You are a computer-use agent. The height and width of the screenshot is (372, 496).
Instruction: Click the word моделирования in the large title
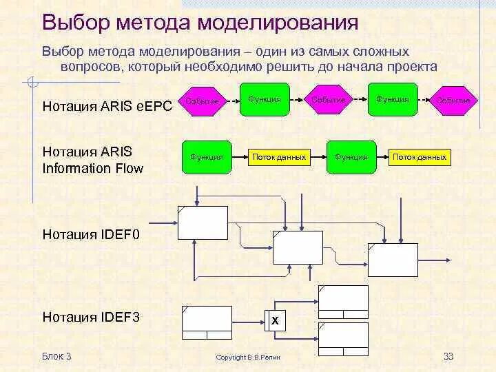[278, 22]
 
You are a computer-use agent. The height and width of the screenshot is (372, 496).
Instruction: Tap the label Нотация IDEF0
[91, 234]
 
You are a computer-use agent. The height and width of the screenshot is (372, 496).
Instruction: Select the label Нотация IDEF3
[91, 317]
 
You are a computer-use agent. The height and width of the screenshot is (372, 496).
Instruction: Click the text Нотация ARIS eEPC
[107, 105]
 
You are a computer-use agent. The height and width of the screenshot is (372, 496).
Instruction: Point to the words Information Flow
[93, 167]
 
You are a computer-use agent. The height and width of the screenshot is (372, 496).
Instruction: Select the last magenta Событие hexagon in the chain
[453, 101]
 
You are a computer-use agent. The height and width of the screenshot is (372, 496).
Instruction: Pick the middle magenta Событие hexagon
[328, 101]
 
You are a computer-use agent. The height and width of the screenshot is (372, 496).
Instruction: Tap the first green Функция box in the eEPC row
[265, 99]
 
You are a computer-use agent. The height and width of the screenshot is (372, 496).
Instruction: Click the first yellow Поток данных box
[279, 157]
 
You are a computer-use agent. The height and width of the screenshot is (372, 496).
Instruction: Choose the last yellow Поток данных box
[420, 157]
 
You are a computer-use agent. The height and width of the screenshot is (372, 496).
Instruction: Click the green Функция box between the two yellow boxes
[351, 157]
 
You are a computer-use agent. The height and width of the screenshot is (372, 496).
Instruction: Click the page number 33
[448, 356]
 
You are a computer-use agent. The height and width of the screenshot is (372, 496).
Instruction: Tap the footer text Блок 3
[56, 356]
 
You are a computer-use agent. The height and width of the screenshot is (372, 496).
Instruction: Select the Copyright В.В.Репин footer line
[248, 357]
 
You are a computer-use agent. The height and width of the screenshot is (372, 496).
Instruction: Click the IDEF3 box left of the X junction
[206, 322]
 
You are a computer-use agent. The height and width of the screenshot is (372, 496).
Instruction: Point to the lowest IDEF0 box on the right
[393, 260]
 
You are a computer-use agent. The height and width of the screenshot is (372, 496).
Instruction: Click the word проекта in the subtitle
[411, 66]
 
